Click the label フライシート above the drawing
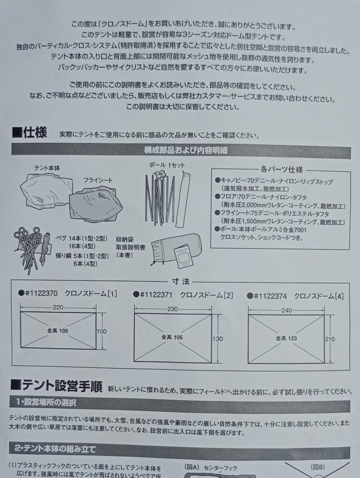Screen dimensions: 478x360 (x=98, y=180)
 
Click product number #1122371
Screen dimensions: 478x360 (x=158, y=295)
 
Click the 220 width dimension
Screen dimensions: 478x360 (x=58, y=307)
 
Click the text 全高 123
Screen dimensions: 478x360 (x=286, y=338)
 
